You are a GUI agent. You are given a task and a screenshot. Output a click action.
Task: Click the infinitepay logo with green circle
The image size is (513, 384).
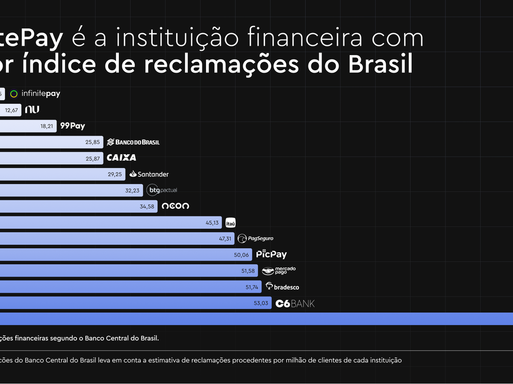(35, 94)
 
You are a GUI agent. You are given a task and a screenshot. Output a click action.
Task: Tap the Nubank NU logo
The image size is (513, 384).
(32, 110)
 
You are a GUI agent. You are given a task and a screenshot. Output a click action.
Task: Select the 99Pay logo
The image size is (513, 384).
(73, 126)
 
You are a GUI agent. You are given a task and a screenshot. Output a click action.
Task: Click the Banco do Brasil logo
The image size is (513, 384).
(133, 142)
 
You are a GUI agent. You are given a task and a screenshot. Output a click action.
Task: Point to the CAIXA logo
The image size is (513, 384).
(121, 158)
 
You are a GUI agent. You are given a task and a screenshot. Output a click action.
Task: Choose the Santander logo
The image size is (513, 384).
(149, 174)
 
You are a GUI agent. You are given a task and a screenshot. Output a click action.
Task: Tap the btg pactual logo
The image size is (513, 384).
(162, 190)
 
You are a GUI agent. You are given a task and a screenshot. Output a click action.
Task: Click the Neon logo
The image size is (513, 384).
(175, 206)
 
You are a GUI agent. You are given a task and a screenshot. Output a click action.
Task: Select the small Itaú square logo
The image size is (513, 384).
(230, 222)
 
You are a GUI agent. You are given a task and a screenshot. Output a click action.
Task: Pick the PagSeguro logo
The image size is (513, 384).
(256, 239)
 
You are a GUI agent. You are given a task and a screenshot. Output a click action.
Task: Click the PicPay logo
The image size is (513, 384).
(271, 254)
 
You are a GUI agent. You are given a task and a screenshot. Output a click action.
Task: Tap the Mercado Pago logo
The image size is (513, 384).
(279, 271)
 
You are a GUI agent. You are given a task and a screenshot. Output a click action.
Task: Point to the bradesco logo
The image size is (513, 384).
(282, 287)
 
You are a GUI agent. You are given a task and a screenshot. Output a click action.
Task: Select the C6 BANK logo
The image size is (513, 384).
(295, 303)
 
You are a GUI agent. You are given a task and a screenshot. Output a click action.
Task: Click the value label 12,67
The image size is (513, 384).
(12, 110)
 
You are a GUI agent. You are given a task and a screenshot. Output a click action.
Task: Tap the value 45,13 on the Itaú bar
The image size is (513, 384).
(212, 223)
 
